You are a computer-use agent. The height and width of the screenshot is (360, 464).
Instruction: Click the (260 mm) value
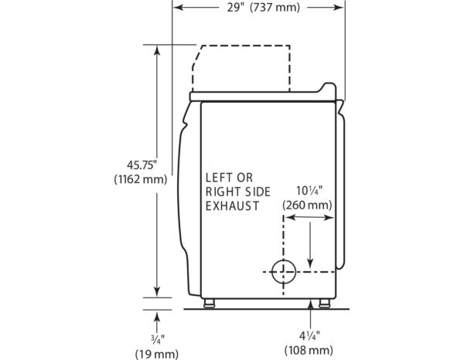click(x=307, y=205)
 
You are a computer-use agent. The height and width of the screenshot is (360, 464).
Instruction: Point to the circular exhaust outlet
click(x=284, y=271)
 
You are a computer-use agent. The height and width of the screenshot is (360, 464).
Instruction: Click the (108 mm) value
click(x=310, y=350)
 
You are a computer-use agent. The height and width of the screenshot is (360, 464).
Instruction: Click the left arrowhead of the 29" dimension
click(x=176, y=7)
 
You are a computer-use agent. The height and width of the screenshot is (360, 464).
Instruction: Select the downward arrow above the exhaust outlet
click(x=311, y=259)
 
